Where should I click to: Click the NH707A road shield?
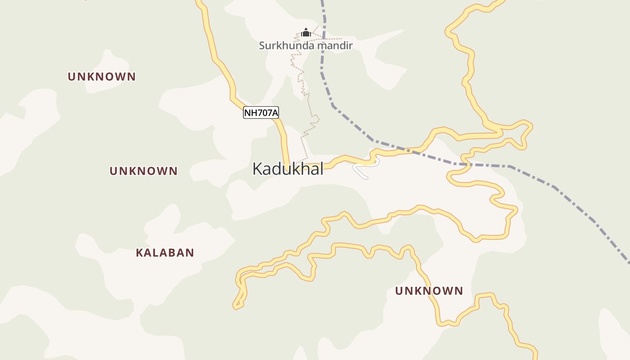tap(261, 112)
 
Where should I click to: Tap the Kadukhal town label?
tap(288, 169)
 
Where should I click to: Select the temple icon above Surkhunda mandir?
tap(306, 32)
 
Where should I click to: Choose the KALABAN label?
tap(165, 253)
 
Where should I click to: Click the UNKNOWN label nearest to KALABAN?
tap(144, 171)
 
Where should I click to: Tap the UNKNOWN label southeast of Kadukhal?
tap(429, 291)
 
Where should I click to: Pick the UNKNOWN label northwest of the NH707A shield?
tap(102, 76)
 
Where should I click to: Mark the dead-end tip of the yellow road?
tap(235, 307)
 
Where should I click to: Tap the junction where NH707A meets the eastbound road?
tap(288, 166)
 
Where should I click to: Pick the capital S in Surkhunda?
tap(262, 45)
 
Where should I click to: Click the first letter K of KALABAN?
tap(139, 253)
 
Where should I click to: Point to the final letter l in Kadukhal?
tap(321, 169)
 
